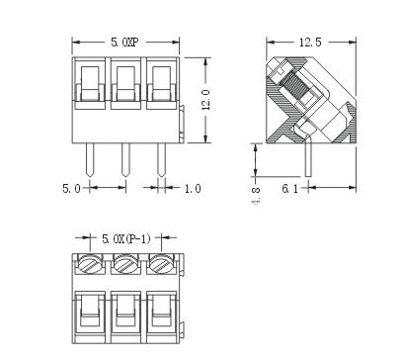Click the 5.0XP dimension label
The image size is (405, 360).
124,43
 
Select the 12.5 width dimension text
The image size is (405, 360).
310,43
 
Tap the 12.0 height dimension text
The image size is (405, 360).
206,100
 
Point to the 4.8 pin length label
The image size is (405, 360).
257,197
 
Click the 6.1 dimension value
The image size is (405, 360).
289,189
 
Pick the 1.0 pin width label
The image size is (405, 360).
193,189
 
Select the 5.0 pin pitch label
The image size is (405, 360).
71,189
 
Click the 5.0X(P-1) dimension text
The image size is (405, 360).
126,238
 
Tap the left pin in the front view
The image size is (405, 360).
90,160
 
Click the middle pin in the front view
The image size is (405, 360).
125,160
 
